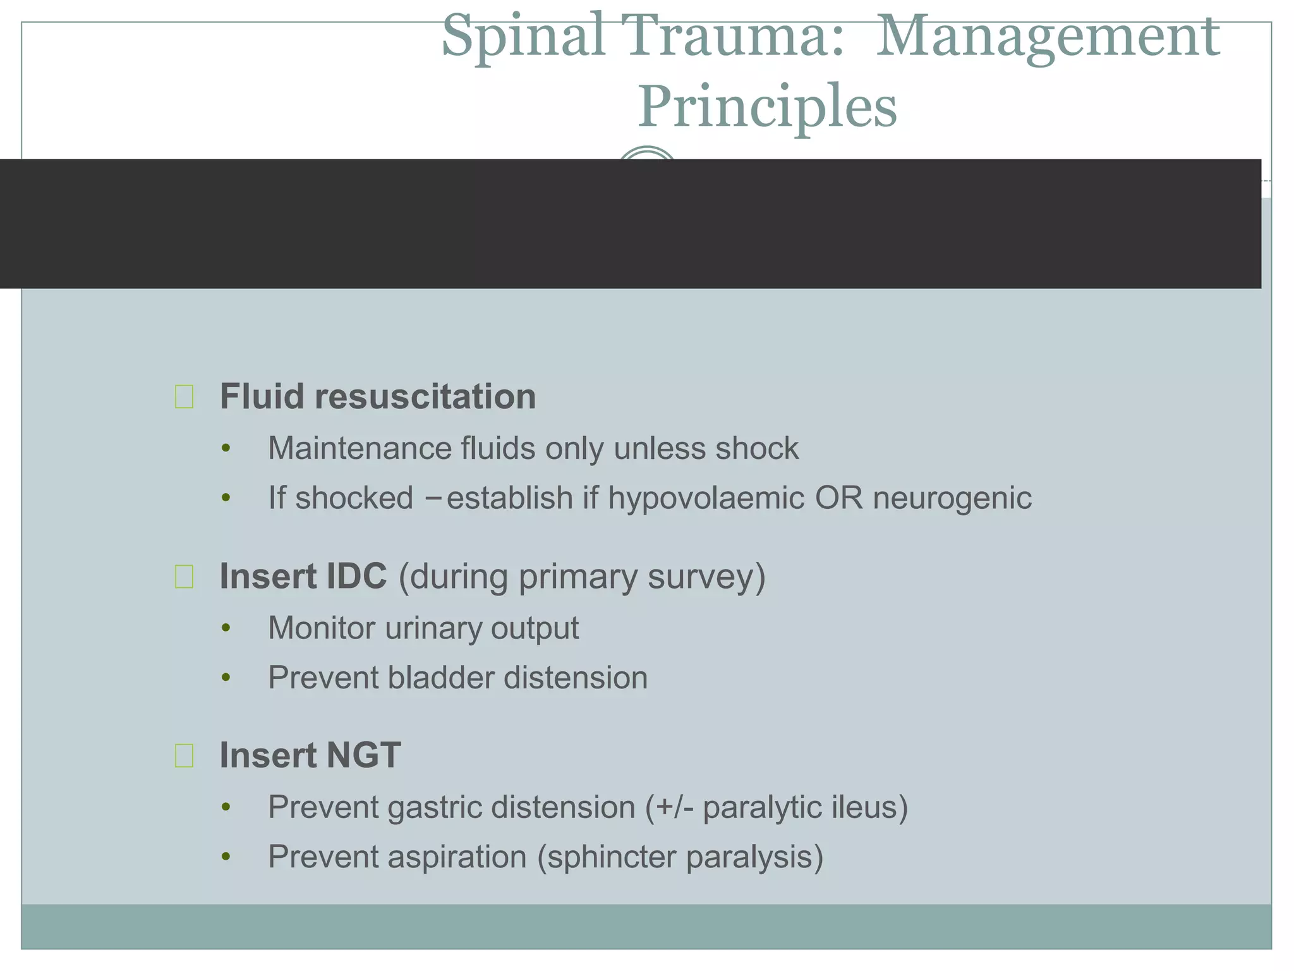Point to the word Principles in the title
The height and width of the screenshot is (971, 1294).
[x=767, y=106]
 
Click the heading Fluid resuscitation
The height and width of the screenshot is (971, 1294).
[x=377, y=397]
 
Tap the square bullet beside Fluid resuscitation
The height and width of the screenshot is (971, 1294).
[x=184, y=397]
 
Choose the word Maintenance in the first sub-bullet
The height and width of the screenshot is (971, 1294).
[x=359, y=449]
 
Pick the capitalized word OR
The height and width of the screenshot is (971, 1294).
[x=838, y=498]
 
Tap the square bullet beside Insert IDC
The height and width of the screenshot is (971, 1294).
[x=184, y=577]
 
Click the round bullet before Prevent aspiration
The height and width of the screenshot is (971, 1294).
[x=226, y=858]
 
